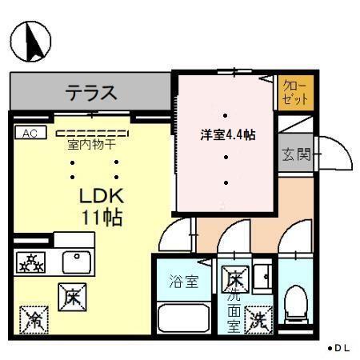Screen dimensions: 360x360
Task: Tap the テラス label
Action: pyautogui.click(x=90, y=92)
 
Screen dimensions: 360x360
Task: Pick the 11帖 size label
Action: pyautogui.click(x=101, y=217)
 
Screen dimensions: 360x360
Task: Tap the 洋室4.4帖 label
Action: pyautogui.click(x=227, y=135)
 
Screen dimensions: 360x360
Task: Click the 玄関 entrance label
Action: pyautogui.click(x=295, y=154)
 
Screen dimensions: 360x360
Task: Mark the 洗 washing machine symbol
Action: pyautogui.click(x=258, y=320)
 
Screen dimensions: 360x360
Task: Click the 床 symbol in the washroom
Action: pyautogui.click(x=234, y=279)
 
